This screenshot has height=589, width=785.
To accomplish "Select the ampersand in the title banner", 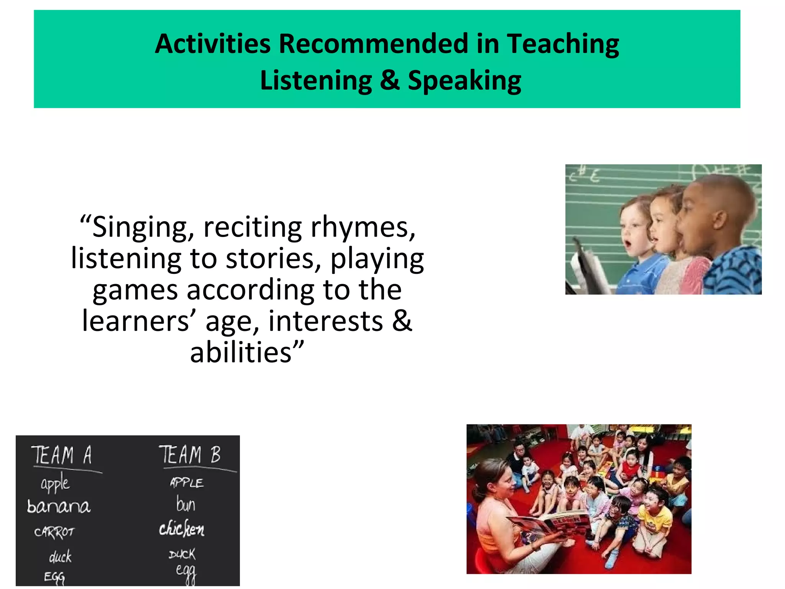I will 389,80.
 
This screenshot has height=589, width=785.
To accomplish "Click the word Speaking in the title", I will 464,81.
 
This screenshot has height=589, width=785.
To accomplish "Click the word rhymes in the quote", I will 363,228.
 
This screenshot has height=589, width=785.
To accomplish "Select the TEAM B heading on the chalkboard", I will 190,455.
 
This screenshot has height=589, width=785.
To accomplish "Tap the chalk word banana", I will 58,507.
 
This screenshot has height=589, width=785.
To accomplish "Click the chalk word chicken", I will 182,529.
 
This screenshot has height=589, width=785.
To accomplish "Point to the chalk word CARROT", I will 54,532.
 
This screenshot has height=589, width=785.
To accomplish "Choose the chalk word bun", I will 186,504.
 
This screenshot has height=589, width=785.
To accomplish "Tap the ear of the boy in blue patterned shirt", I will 719,220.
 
